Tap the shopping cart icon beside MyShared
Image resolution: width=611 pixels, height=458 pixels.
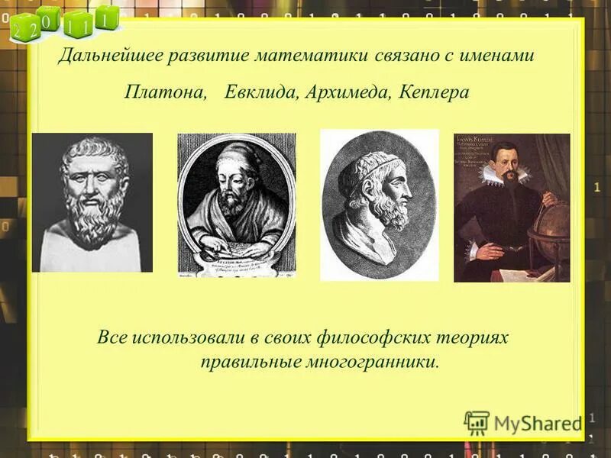(477, 422)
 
